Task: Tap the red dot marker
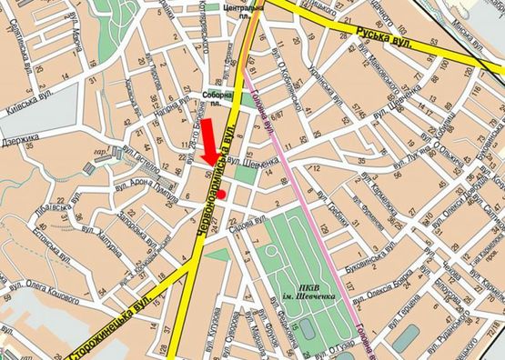221,193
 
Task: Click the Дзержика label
19,140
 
